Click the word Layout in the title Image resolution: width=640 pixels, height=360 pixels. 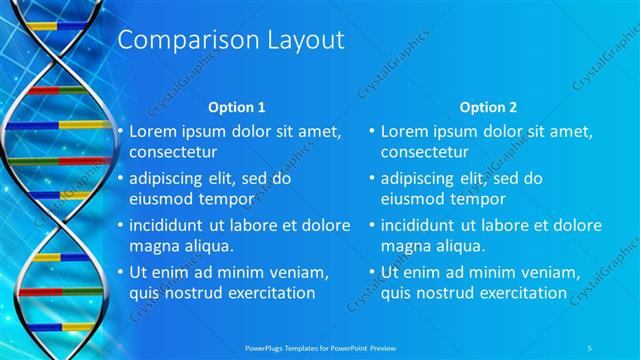tap(299, 40)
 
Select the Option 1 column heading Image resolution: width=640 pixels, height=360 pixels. tap(236, 107)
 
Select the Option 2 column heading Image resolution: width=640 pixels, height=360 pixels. tap(488, 107)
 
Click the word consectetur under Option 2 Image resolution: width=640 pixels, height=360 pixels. tap(425, 152)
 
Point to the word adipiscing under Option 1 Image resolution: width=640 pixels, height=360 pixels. tap(171, 179)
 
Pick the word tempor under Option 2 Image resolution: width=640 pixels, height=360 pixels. tap(490, 198)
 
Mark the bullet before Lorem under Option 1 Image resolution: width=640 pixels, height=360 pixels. tap(121, 131)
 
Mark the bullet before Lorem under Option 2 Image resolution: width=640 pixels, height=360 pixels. tap(373, 131)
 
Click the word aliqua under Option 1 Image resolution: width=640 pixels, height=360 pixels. tap(206, 245)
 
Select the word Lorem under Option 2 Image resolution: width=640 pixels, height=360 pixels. tap(405, 131)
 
